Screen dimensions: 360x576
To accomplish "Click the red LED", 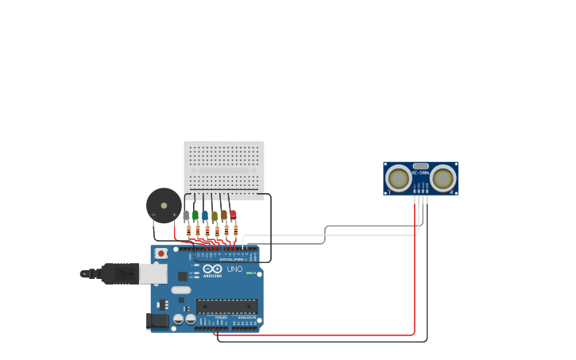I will (x=233, y=214).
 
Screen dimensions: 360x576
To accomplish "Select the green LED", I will (x=195, y=215).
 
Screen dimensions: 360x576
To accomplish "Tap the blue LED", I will (x=205, y=215).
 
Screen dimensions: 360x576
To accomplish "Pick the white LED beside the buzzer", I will (x=186, y=215).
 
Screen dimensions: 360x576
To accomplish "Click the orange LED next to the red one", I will (x=224, y=215).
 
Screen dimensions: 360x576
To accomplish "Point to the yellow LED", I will (x=215, y=215).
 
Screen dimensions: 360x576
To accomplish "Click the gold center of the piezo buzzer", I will (x=164, y=206).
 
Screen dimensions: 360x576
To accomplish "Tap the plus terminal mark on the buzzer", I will (x=175, y=215).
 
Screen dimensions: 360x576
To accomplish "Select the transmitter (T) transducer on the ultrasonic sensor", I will (x=398, y=178).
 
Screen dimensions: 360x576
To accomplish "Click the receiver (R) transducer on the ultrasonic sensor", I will (x=443, y=178).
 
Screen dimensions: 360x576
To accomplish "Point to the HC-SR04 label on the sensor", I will (x=420, y=172).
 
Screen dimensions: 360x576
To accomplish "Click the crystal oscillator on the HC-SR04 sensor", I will (x=420, y=165).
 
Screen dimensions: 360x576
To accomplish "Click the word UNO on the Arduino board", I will (x=234, y=269).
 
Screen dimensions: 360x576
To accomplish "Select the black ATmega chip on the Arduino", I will (x=226, y=306).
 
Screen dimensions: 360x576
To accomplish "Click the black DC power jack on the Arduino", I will (x=157, y=320).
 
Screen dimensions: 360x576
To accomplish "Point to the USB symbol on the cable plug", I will (x=122, y=273).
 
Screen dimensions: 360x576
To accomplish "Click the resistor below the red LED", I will (x=235, y=230).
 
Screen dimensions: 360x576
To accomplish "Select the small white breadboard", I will (x=224, y=166).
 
